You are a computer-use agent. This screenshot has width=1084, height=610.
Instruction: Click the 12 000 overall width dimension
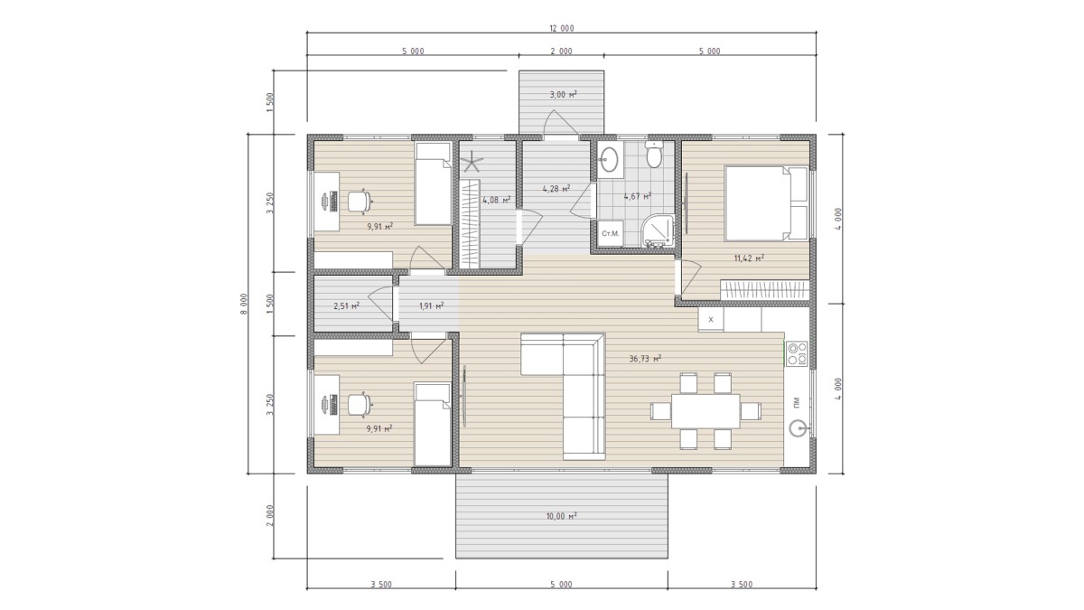point(561,28)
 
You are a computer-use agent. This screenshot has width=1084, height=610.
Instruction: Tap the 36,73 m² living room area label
point(645,359)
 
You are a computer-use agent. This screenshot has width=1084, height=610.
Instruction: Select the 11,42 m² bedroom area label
point(749,258)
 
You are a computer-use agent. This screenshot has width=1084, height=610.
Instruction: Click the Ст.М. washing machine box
point(611,233)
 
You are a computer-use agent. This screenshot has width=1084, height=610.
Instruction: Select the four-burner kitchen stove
point(797,353)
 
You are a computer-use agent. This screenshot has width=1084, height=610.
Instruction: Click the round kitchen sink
point(799,428)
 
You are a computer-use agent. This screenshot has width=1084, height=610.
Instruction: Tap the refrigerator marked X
point(711,320)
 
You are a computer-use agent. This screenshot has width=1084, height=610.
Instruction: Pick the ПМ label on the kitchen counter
point(797,401)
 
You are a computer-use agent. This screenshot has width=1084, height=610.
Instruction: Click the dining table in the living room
point(706,411)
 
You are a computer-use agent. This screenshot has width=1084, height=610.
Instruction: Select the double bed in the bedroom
point(766,203)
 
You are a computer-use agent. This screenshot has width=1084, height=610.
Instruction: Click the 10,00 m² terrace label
point(561,516)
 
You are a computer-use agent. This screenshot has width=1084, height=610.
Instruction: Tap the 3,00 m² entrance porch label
point(564,94)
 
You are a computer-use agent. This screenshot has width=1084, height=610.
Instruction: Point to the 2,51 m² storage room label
point(347,306)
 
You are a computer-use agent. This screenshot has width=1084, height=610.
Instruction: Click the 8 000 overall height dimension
point(244,304)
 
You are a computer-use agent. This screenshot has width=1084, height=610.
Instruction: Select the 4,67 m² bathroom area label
point(638,196)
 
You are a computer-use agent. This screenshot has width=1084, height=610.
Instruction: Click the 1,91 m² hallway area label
point(431,306)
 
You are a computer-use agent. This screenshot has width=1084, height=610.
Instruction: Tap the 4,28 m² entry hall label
point(556,189)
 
